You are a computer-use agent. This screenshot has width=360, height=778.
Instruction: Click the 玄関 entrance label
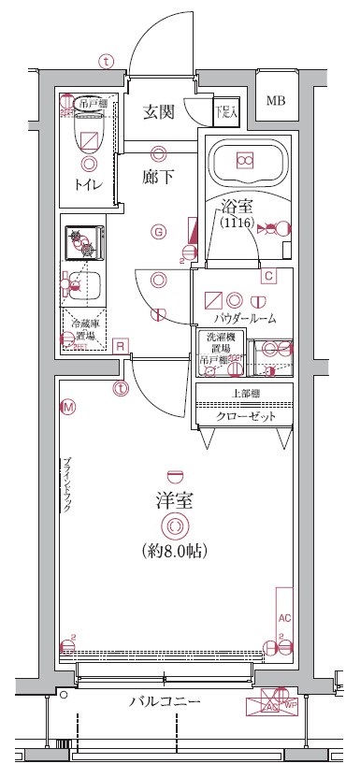159,114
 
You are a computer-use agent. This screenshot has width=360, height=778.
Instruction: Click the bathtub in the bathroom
244,162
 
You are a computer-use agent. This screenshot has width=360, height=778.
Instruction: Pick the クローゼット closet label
245,416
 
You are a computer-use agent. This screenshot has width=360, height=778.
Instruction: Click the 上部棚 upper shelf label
245,393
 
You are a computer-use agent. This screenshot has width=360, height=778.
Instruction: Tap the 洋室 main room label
171,499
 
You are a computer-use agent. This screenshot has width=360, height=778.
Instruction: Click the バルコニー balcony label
164,701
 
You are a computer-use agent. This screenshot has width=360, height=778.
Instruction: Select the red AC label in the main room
285,618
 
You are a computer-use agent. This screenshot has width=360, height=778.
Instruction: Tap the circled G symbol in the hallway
159,232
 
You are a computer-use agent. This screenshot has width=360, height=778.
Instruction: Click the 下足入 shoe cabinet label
225,110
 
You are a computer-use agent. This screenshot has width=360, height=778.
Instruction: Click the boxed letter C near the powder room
267,275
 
